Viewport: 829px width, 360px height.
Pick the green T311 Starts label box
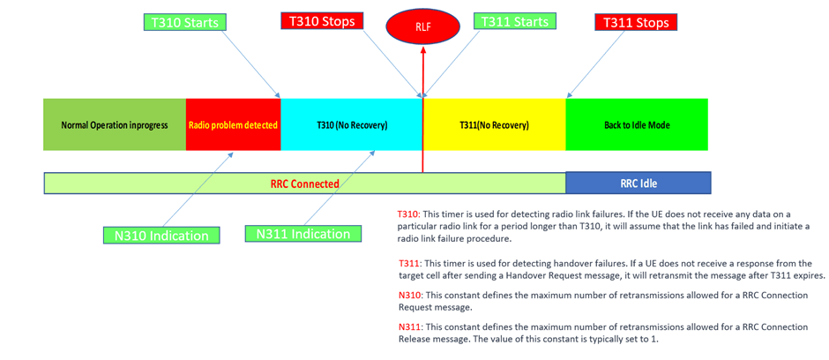click(512, 20)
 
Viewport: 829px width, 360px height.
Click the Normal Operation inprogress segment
click(115, 125)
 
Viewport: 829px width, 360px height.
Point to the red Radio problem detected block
click(233, 125)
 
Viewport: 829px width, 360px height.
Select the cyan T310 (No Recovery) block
click(352, 125)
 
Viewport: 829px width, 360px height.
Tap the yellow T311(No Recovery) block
click(494, 125)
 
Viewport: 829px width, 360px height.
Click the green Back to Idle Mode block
click(636, 125)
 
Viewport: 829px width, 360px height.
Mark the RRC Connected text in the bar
click(304, 184)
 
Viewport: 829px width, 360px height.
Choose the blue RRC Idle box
click(638, 184)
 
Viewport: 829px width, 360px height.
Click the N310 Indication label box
click(155, 236)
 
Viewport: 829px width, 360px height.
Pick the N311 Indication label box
click(302, 234)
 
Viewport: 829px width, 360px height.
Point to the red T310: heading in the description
click(409, 214)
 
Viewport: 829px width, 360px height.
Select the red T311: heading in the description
click(409, 264)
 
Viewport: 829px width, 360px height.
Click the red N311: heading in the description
click(410, 326)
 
